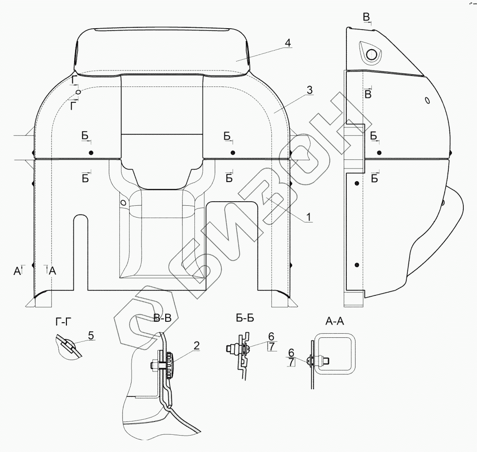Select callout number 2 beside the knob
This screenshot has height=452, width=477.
tap(196, 345)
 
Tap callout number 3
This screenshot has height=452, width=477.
tap(309, 90)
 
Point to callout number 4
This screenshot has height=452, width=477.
tap(287, 43)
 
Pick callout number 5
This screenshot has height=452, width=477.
tap(91, 336)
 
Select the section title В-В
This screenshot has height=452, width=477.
tap(162, 319)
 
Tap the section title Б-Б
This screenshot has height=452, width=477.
tap(245, 319)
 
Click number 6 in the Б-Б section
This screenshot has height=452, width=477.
tap(271, 336)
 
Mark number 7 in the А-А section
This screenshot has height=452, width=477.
tap(291, 362)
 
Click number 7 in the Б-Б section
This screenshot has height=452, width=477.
tap(271, 346)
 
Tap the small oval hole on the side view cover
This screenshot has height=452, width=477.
tap(427, 100)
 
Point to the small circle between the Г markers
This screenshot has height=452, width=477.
tap(78, 92)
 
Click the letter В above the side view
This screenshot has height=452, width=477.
tap(366, 17)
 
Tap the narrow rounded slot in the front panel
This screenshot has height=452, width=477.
tap(81, 250)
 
